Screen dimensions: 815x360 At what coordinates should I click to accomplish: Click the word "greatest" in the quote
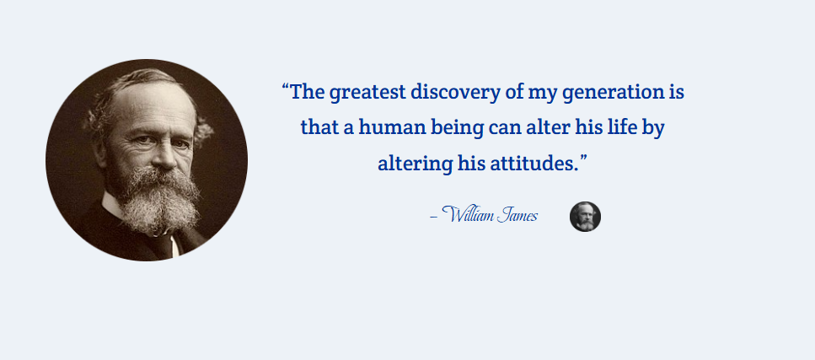tap(367, 94)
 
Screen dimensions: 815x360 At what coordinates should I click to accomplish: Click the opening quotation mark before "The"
tap(286, 87)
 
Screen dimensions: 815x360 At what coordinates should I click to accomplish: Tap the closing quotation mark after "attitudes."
tap(583, 158)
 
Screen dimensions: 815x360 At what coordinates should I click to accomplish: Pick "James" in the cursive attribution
tap(517, 215)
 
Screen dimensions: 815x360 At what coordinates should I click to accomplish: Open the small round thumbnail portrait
tap(585, 217)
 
